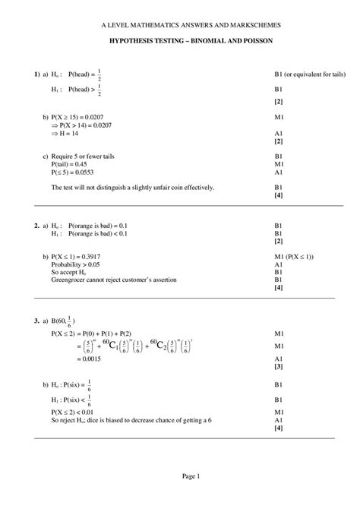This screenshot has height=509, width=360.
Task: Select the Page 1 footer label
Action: pyautogui.click(x=190, y=476)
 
